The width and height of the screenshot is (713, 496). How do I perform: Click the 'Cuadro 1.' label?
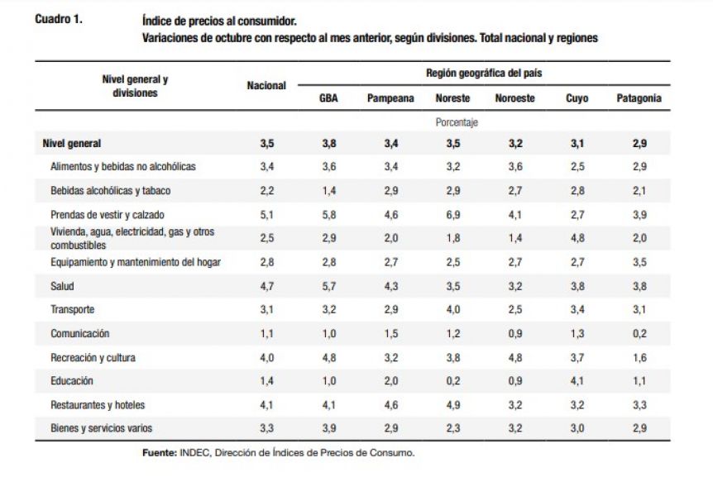(59, 19)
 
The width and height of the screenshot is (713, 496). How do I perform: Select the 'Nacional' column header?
(266, 85)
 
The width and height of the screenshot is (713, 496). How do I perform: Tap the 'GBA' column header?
(328, 98)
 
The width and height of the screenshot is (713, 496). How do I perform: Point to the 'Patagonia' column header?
(639, 98)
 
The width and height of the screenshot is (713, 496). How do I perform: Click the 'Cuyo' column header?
(577, 98)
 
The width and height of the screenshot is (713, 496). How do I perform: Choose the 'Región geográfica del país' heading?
(484, 74)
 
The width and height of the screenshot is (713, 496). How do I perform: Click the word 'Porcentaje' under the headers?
(457, 122)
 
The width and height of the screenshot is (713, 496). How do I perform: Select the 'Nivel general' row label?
(72, 144)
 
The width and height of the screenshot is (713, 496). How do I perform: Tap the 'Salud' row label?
(62, 286)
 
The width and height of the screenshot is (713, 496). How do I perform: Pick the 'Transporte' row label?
(73, 310)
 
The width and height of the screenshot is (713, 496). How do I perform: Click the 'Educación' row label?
(72, 381)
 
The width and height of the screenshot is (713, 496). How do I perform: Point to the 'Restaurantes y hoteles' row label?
(98, 405)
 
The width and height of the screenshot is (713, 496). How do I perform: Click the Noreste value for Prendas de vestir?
(453, 215)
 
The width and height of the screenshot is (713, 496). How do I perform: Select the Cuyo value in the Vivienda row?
(577, 238)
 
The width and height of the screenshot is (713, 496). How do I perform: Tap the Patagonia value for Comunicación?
(639, 334)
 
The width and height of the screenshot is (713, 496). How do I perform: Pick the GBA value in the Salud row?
(329, 286)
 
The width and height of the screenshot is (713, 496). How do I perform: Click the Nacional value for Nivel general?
(267, 144)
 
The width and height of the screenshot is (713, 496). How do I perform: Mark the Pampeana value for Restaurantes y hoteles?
(391, 405)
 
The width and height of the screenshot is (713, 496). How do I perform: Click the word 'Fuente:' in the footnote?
(160, 453)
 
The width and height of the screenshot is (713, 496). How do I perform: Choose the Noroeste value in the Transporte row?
(515, 310)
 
